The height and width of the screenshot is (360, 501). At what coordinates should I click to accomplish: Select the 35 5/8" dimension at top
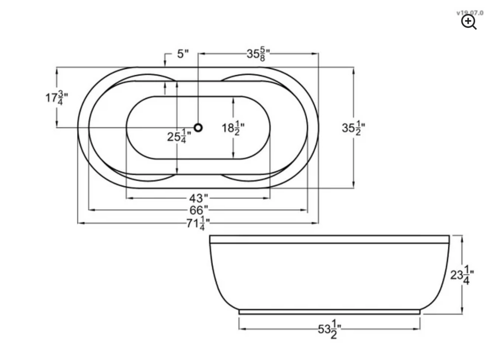pyautogui.click(x=258, y=54)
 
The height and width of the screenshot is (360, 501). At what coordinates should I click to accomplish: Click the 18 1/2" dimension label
pyautogui.click(x=233, y=128)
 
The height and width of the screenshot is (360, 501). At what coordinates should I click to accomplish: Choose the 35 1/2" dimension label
pyautogui.click(x=353, y=128)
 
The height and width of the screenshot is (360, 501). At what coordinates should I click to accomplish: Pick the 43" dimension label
pyautogui.click(x=198, y=198)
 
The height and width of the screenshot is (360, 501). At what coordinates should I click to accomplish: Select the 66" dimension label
pyautogui.click(x=199, y=211)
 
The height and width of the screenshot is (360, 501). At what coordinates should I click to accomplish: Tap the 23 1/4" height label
pyautogui.click(x=462, y=275)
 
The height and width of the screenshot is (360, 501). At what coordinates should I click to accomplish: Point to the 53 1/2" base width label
pyautogui.click(x=329, y=329)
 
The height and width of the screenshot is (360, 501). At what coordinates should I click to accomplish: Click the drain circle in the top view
pyautogui.click(x=198, y=127)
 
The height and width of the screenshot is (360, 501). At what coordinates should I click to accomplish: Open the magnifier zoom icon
pyautogui.click(x=469, y=22)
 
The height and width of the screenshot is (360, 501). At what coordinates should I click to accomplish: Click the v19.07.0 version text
pyautogui.click(x=470, y=13)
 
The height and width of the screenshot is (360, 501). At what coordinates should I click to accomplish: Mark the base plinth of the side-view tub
pyautogui.click(x=329, y=312)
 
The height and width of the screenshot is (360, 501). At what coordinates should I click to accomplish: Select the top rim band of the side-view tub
pyautogui.click(x=329, y=239)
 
